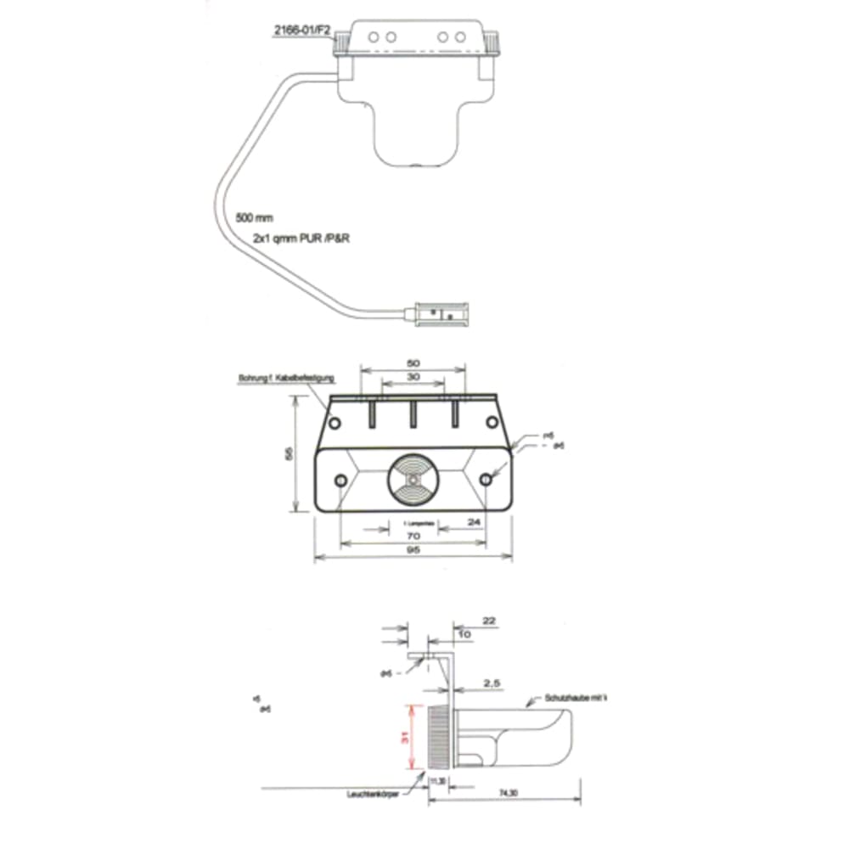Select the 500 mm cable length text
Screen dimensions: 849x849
coord(255,217)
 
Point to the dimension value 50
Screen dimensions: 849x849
coord(413,363)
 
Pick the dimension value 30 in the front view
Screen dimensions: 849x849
coord(413,377)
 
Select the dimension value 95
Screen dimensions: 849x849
coord(413,550)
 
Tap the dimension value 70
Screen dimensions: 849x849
coord(413,537)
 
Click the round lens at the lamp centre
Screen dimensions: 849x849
coord(413,481)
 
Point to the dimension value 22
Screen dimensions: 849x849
coord(488,621)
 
